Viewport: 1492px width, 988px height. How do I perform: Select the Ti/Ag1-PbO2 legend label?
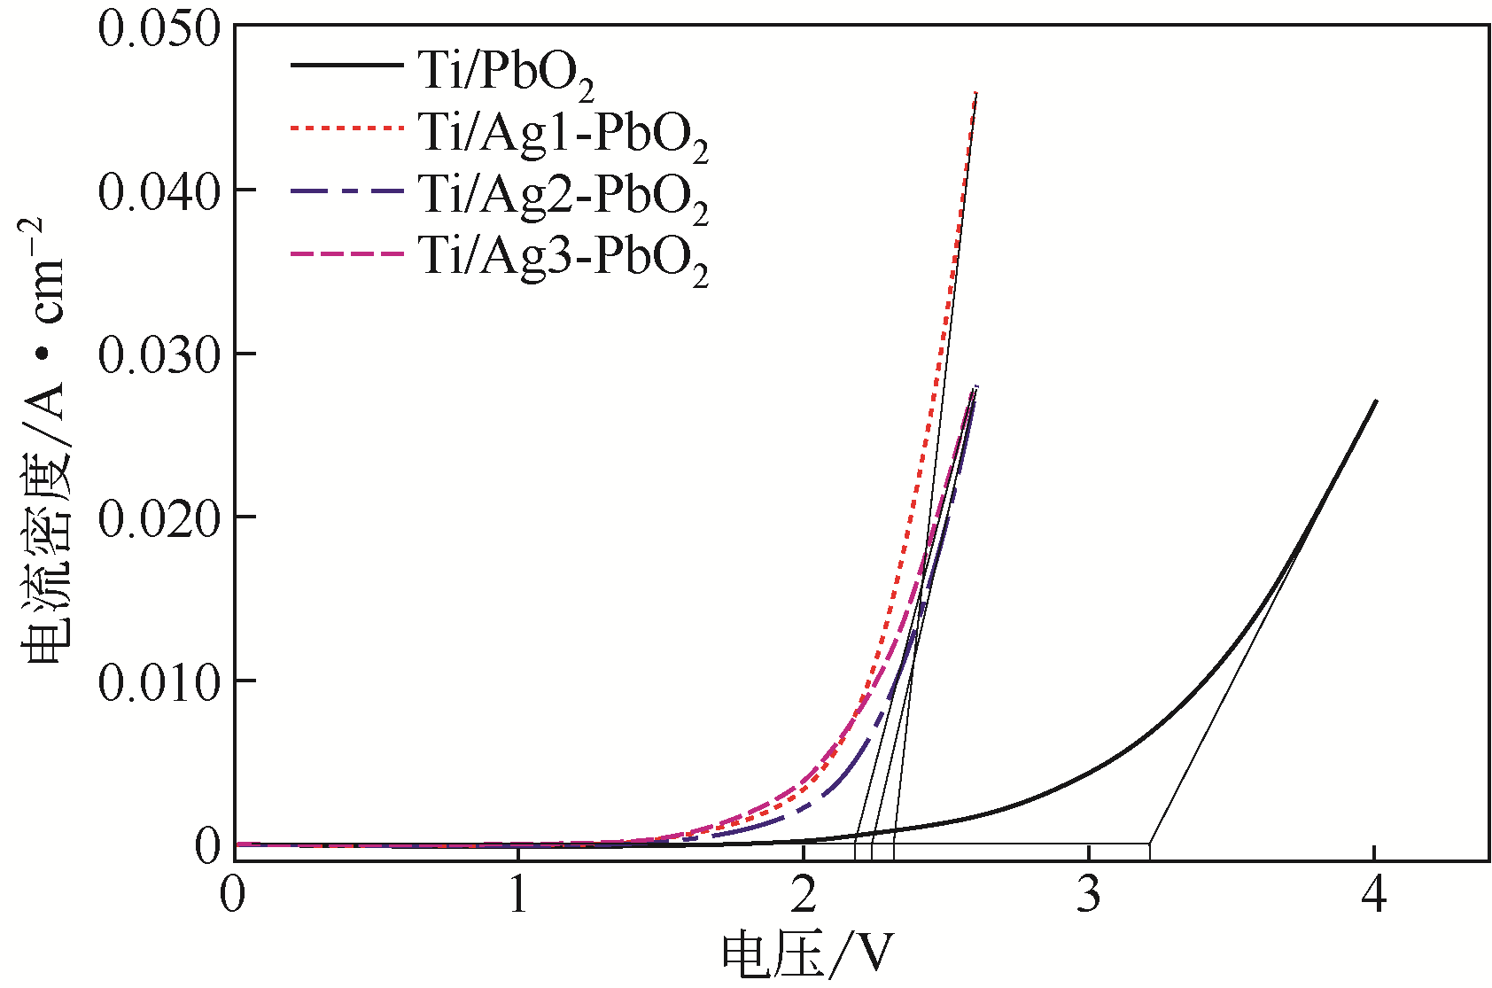click(563, 134)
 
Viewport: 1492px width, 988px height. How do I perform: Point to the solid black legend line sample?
click(346, 65)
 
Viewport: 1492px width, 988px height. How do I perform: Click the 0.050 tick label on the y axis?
click(159, 28)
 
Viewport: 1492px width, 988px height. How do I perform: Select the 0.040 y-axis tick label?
click(159, 191)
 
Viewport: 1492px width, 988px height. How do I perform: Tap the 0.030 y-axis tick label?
click(159, 354)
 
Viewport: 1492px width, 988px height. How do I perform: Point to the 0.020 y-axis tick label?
click(159, 518)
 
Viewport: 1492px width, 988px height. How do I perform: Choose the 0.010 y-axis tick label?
click(159, 682)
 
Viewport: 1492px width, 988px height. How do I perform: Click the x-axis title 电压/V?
click(807, 955)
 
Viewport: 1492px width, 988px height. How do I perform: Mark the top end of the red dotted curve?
click(975, 93)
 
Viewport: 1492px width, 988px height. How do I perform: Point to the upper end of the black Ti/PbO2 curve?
click(1375, 401)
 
